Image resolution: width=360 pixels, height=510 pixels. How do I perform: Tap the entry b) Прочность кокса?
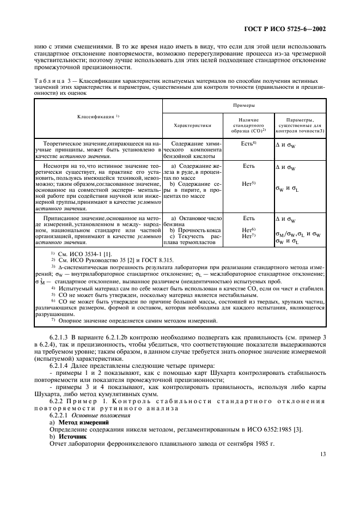pos(192,229)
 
